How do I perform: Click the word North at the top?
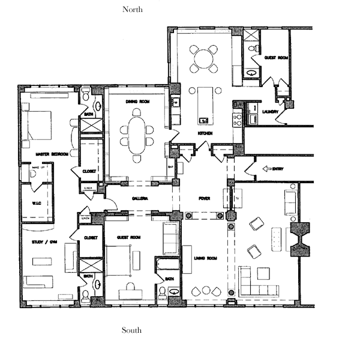[132, 9]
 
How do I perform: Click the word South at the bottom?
[132, 330]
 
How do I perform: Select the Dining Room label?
[137, 102]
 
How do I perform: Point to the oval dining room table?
[137, 133]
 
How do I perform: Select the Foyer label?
[205, 198]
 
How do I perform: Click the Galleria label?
[139, 198]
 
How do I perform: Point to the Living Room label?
[206, 258]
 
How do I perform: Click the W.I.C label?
[36, 203]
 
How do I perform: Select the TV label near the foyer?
[238, 198]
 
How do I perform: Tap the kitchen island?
[203, 103]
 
